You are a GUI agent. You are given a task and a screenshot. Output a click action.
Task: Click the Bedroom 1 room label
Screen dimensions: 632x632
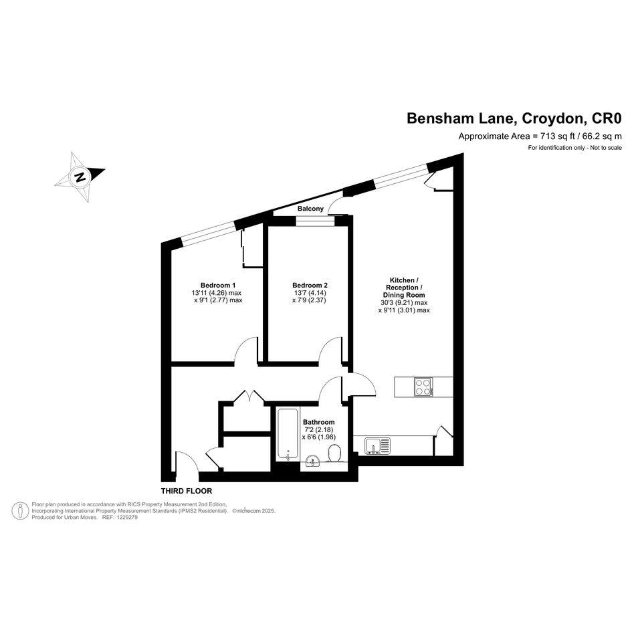coord(218,286)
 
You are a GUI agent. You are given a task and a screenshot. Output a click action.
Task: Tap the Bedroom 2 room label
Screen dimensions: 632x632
coord(310,286)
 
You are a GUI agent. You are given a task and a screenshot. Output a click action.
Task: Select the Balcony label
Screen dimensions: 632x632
coord(310,209)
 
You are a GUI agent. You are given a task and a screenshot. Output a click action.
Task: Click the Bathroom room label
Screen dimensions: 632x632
coord(319,423)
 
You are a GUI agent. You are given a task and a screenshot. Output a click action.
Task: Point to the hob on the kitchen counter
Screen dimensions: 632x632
coord(423,387)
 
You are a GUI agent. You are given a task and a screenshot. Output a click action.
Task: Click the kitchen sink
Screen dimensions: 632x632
coord(378,446)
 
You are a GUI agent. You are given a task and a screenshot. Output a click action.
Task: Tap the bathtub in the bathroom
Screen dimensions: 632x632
coord(288,433)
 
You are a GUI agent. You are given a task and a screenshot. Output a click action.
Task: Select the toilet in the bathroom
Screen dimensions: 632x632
coord(335,453)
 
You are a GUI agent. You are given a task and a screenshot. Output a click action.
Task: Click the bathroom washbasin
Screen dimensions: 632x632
coord(313,460)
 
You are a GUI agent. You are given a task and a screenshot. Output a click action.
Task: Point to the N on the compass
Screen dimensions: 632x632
coord(80,177)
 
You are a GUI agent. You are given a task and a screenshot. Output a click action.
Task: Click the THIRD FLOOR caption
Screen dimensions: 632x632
coord(187,491)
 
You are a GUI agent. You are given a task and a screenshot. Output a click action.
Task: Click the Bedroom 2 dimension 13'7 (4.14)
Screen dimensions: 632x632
coord(310,293)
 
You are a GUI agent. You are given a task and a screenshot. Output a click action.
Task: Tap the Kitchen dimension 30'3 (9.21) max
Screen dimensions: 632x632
coord(404,303)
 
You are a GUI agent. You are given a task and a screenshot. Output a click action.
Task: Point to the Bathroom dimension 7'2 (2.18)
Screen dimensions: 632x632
coord(318,429)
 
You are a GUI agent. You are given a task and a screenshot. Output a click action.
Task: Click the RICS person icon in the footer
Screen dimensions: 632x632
coord(20,511)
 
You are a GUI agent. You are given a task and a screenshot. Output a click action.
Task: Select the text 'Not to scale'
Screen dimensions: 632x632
coord(606,148)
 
